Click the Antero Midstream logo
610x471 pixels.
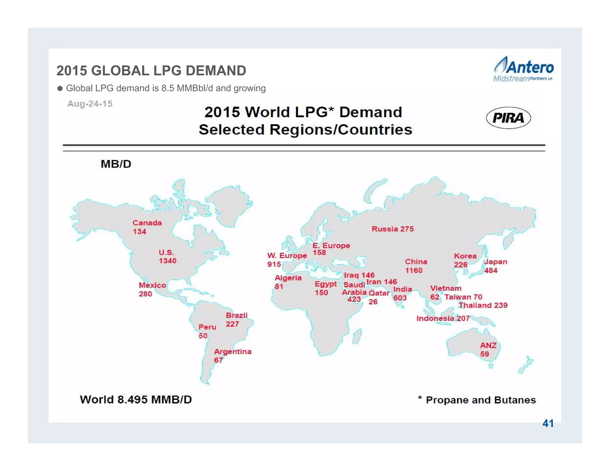click(523, 69)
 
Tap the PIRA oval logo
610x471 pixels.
click(508, 118)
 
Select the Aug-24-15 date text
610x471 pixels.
click(90, 104)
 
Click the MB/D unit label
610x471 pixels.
click(116, 164)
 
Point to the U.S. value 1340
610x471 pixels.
click(167, 261)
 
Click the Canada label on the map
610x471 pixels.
click(147, 223)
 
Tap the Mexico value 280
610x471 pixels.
click(145, 294)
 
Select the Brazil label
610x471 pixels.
click(236, 315)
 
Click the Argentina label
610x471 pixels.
click(233, 352)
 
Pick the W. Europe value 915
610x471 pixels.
click(274, 264)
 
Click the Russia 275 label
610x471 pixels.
click(393, 229)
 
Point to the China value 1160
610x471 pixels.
click(414, 270)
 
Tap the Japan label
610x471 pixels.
click(495, 262)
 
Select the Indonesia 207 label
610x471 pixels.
click(443, 319)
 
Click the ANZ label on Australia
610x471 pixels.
click(488, 345)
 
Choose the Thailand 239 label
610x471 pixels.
click(483, 305)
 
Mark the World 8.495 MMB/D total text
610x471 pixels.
click(136, 400)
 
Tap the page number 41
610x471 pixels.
click(548, 423)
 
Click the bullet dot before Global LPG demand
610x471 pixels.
click(60, 88)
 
